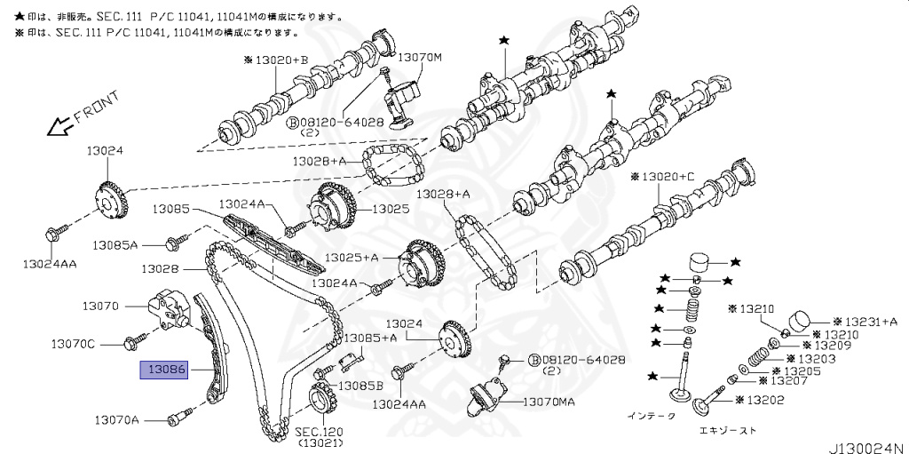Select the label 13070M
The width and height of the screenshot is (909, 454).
point(419,58)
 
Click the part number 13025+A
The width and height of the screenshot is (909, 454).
point(351,257)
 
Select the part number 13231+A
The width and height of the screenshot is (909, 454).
point(870,322)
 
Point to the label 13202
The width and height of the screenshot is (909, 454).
point(763,401)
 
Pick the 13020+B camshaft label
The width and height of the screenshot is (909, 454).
point(276,60)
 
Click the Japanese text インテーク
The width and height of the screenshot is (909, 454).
point(651,415)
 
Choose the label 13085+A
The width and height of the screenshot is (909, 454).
point(371,338)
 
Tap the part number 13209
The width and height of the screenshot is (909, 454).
point(825,346)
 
